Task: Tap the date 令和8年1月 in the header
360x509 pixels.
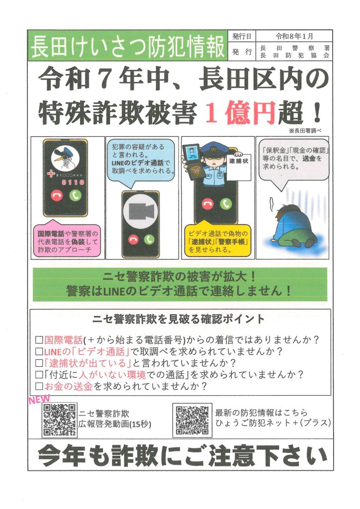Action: click(x=294, y=36)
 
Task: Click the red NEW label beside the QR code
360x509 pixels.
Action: click(x=39, y=399)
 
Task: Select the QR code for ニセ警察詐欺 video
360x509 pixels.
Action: click(x=60, y=420)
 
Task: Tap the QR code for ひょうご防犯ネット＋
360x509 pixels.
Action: click(x=192, y=420)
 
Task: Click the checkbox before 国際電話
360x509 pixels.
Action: click(x=39, y=340)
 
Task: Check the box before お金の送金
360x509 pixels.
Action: click(x=39, y=386)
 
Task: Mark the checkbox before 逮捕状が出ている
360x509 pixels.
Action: click(x=39, y=363)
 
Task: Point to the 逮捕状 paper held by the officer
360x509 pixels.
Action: click(x=239, y=167)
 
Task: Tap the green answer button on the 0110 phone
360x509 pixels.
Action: click(x=75, y=195)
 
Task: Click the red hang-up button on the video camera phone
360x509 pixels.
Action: click(x=133, y=240)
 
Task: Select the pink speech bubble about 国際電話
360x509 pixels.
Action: click(x=68, y=241)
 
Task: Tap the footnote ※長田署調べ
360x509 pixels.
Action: click(x=304, y=131)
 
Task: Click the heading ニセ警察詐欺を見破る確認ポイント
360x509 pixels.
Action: click(x=178, y=319)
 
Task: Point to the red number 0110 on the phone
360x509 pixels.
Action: click(x=73, y=182)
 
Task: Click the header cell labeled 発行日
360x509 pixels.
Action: click(x=242, y=36)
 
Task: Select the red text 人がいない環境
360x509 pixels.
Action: click(x=112, y=375)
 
